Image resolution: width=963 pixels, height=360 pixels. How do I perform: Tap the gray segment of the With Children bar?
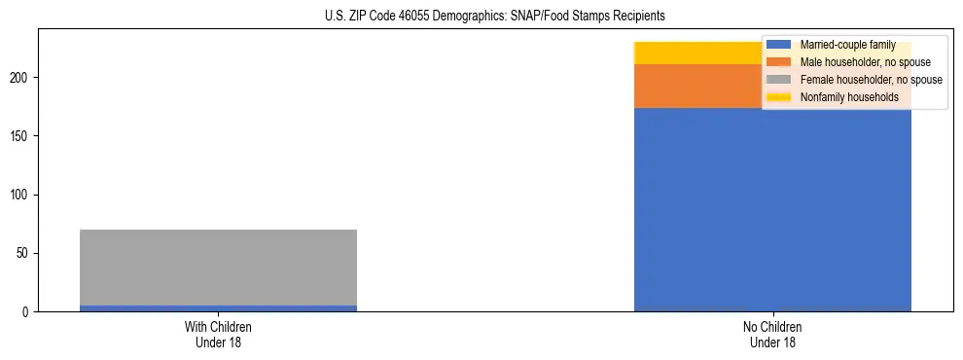218,268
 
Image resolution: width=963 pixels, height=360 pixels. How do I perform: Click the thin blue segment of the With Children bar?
218,308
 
